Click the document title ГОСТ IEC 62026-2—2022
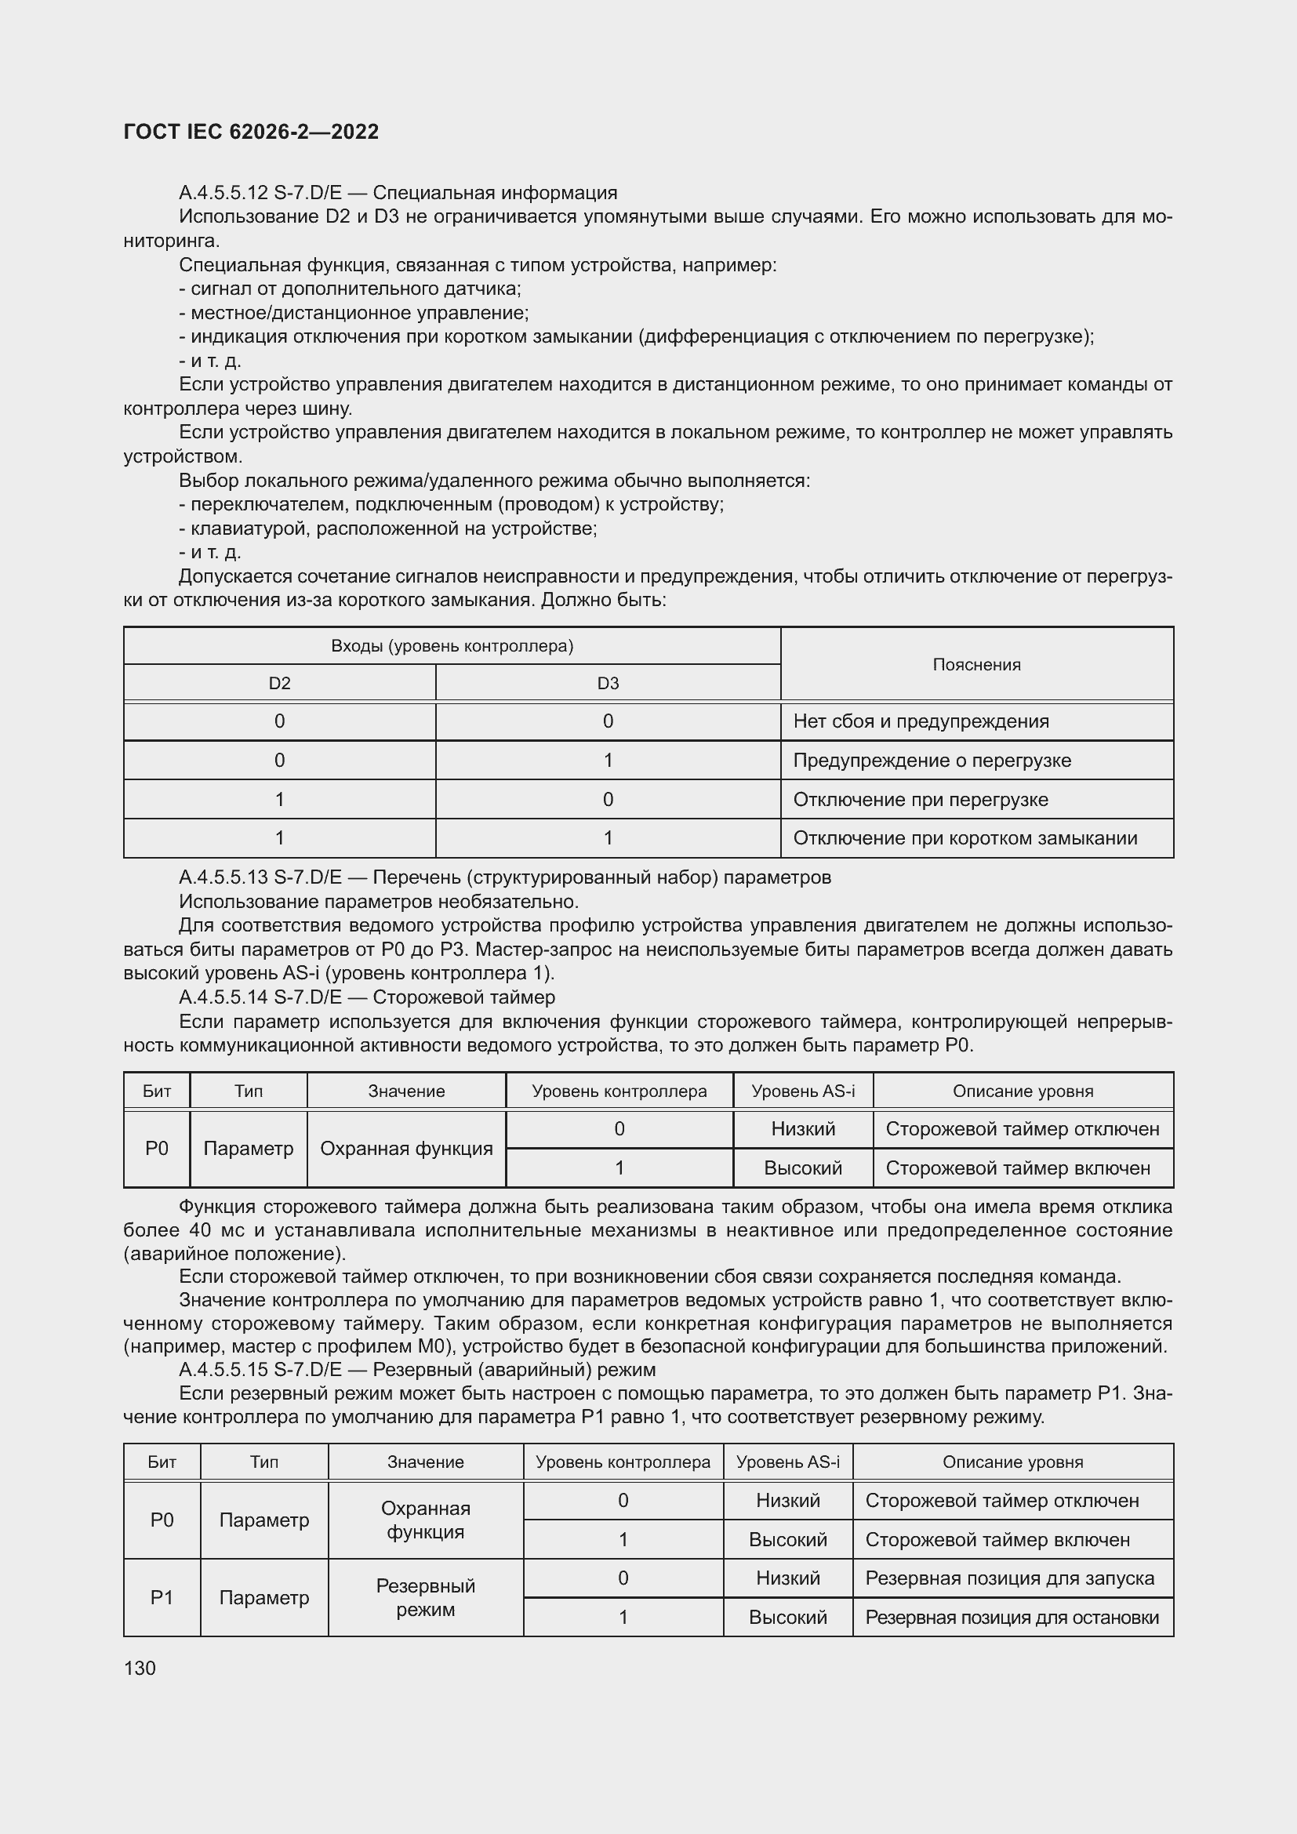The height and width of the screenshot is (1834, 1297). [x=251, y=132]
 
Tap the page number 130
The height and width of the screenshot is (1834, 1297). [x=140, y=1668]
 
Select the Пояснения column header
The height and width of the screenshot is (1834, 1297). [x=976, y=665]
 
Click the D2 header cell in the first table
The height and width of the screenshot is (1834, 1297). [x=279, y=683]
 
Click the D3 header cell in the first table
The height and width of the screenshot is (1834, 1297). [x=608, y=683]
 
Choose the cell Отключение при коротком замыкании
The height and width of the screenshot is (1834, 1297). [x=965, y=838]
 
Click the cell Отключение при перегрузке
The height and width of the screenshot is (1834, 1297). [x=920, y=800]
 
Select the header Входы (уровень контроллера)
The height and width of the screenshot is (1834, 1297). [x=452, y=645]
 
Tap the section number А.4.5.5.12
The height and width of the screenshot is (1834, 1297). [x=223, y=193]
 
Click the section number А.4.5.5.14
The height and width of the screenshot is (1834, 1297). [x=223, y=997]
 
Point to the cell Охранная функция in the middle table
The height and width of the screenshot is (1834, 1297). [x=405, y=1149]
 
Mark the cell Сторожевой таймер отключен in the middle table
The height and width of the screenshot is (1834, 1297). [x=1023, y=1128]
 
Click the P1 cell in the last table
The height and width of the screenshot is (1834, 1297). [x=162, y=1597]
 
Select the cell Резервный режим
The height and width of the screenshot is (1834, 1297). [x=426, y=1597]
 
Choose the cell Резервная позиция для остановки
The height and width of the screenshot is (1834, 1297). [x=1011, y=1618]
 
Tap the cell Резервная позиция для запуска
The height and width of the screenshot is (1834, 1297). [x=1009, y=1578]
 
